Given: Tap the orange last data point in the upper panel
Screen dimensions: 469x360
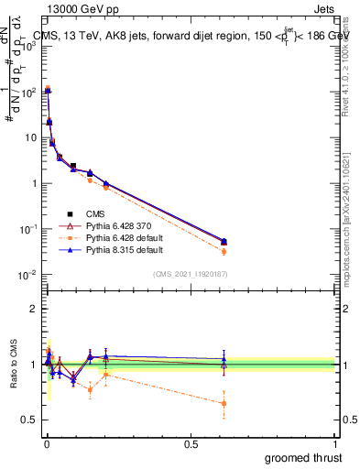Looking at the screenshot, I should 224,251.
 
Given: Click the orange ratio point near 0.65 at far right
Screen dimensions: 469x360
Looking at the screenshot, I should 224,403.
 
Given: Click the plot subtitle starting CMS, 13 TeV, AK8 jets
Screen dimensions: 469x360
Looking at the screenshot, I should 188,37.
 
